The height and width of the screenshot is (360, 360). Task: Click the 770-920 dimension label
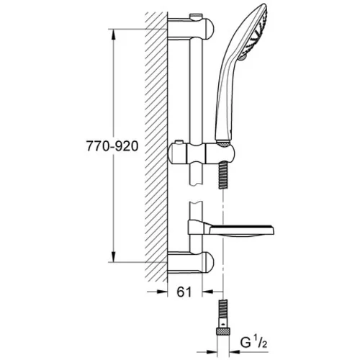112,146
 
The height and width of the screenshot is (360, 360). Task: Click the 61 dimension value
184,292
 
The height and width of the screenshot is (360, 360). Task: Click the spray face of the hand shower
260,31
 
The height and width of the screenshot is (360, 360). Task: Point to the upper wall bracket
191,27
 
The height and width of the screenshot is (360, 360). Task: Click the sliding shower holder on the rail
202,153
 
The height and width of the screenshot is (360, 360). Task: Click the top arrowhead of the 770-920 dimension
114,35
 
